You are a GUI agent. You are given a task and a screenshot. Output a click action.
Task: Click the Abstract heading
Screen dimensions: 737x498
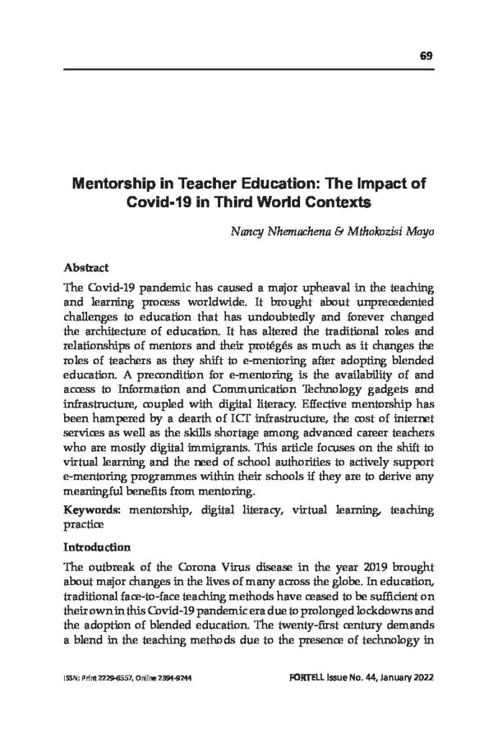click(86, 265)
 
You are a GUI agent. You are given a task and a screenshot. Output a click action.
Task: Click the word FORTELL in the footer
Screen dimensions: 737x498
click(314, 678)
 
